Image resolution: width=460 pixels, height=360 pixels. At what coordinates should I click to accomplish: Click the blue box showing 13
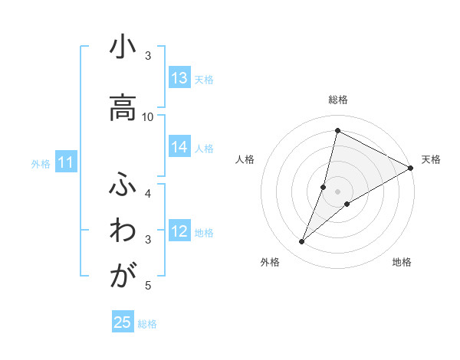[179, 78]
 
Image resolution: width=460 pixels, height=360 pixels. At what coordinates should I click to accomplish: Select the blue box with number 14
[179, 148]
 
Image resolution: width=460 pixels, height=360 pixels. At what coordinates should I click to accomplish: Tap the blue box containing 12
[179, 232]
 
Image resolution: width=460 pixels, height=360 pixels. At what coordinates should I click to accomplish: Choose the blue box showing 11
[65, 162]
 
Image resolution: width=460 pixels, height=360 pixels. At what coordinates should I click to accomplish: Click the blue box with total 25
[123, 322]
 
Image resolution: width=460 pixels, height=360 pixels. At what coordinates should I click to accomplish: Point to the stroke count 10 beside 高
[148, 116]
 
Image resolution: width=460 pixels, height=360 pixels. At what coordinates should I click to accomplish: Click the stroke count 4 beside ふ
[148, 193]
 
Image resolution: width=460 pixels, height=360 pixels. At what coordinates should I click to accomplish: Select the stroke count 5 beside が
[148, 286]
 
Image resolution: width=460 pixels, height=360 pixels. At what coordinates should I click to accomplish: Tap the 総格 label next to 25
[147, 323]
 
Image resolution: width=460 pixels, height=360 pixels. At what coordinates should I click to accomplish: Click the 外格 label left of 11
[41, 163]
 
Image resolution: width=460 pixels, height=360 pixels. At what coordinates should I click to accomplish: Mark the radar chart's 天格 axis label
[431, 159]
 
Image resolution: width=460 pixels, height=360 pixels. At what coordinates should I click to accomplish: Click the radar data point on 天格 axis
[410, 168]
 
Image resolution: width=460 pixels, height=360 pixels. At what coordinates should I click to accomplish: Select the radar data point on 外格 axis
[302, 242]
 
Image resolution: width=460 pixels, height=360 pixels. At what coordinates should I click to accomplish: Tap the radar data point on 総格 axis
[337, 131]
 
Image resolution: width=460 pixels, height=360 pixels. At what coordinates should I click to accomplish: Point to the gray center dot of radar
[337, 191]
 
